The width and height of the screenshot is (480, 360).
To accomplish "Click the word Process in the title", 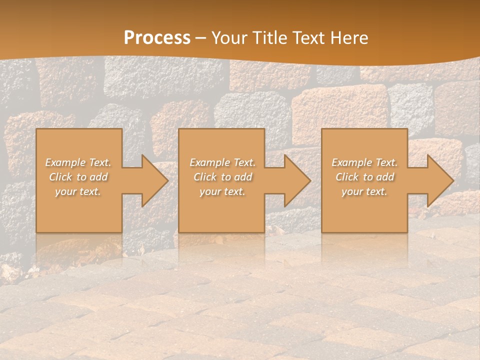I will tap(157, 38).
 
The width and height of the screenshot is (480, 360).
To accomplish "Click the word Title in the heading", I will tap(271, 38).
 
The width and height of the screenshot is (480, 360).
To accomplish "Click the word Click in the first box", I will tap(60, 177).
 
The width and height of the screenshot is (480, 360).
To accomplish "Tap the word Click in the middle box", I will tap(205, 177).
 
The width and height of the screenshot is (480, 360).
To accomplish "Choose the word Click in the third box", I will tap(347, 177).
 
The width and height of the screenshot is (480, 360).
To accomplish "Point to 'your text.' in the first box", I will tap(78, 191).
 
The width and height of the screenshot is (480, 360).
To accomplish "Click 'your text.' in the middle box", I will tap(222, 191).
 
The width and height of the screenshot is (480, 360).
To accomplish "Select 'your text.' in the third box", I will tap(364, 191).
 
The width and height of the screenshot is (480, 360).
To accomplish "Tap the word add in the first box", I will tap(99, 177).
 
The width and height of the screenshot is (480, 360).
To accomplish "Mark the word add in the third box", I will tap(385, 177).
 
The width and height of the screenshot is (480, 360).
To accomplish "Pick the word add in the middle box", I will tap(243, 177).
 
